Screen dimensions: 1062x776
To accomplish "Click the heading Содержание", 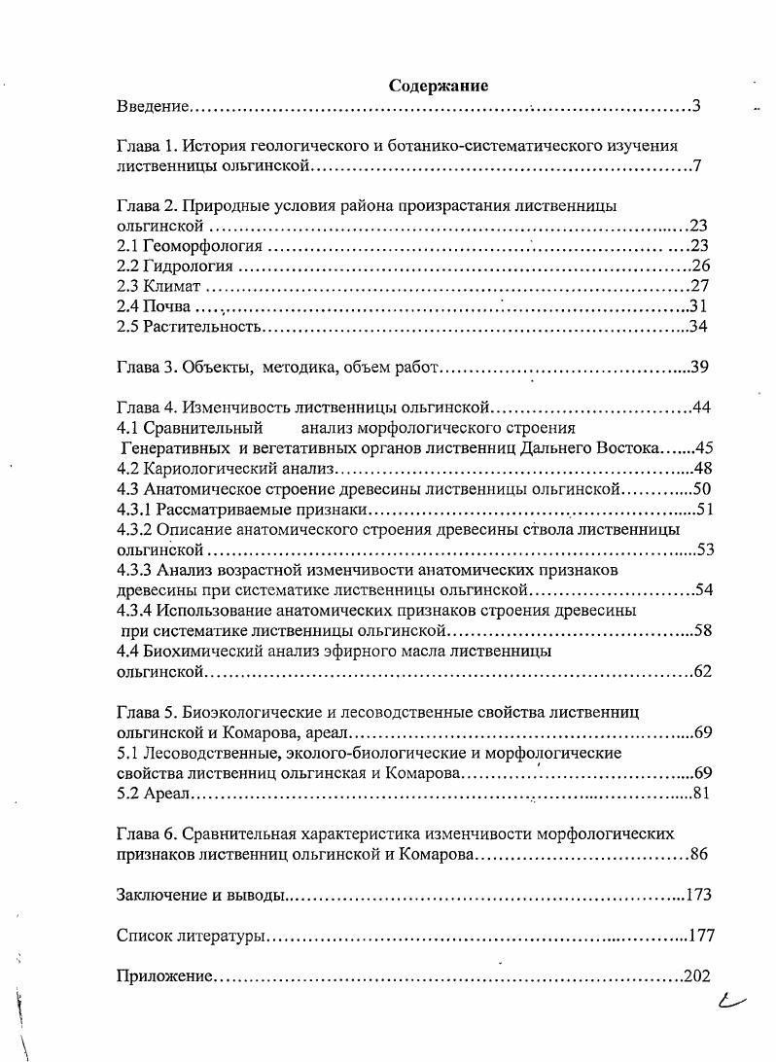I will coord(439,86).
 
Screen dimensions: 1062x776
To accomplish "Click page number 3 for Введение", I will coord(696,105).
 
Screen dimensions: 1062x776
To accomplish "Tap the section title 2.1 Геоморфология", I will coord(190,245).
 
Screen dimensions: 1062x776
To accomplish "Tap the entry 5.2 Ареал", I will coord(152,794).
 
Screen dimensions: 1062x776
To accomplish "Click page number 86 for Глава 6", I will coord(699,855).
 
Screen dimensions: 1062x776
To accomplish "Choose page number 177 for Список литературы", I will coord(700,936).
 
